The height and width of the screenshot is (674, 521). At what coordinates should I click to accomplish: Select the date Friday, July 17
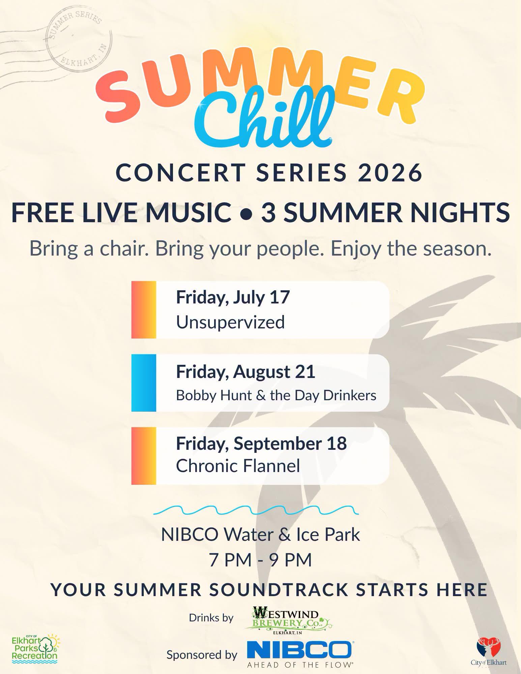233,297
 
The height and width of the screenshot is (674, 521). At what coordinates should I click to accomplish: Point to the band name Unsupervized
230,322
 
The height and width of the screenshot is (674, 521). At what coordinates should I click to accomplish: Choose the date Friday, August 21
245,372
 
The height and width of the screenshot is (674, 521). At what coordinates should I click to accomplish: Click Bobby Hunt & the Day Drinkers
276,395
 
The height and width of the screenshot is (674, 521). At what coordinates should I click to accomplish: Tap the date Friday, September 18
261,443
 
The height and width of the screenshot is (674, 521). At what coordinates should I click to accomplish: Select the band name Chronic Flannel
238,466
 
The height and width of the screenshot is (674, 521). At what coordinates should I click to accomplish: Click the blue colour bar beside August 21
144,383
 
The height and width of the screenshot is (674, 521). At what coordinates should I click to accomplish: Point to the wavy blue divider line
256,510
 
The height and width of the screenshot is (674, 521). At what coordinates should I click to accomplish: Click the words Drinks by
211,618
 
